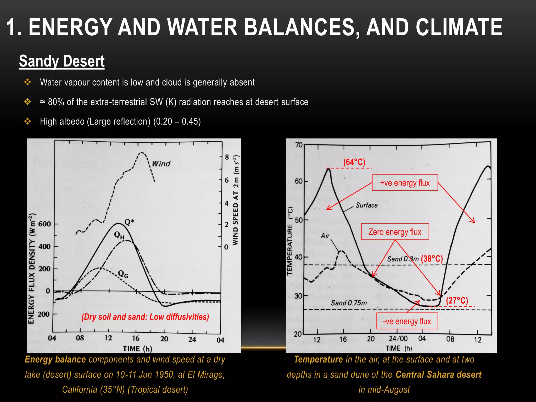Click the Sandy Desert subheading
pyautogui.click(x=62, y=61)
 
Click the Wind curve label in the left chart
pyautogui.click(x=161, y=164)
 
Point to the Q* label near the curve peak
pyautogui.click(x=129, y=222)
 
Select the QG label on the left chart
pyautogui.click(x=123, y=274)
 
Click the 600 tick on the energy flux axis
pyautogui.click(x=44, y=224)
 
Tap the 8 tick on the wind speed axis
pyautogui.click(x=227, y=157)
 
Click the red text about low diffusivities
pyautogui.click(x=145, y=317)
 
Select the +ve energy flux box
pyautogui.click(x=405, y=183)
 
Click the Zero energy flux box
pyautogui.click(x=395, y=232)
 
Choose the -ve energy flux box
pyautogui.click(x=407, y=321)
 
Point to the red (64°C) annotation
pyautogui.click(x=354, y=162)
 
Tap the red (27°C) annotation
pyautogui.click(x=457, y=300)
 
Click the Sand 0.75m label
pyautogui.click(x=349, y=303)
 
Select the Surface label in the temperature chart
pyautogui.click(x=366, y=205)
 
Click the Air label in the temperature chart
pyautogui.click(x=325, y=236)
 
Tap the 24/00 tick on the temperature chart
pyautogui.click(x=398, y=339)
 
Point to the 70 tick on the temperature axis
pyautogui.click(x=299, y=145)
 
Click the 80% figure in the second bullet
pyautogui.click(x=56, y=102)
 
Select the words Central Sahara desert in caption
pyautogui.click(x=438, y=375)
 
